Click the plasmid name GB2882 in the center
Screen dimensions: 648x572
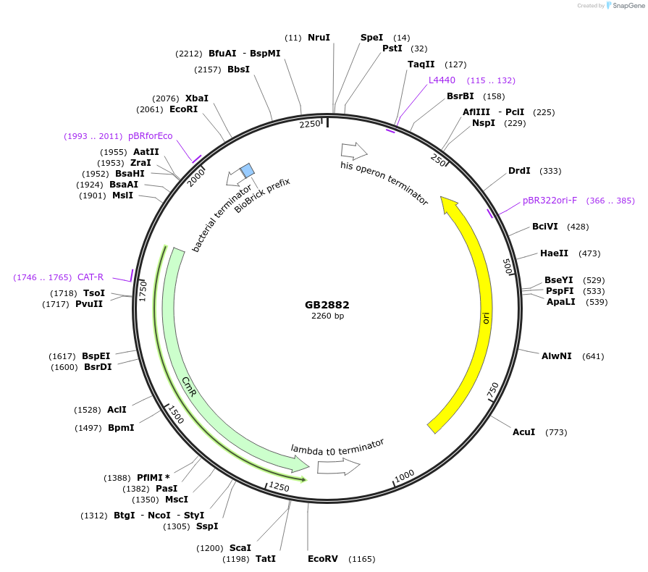coord(327,305)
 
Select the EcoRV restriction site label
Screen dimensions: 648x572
coord(323,559)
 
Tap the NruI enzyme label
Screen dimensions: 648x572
coord(319,38)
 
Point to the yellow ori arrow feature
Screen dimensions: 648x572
coord(478,304)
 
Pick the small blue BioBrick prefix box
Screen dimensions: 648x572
coord(247,170)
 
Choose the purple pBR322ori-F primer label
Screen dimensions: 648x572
coord(550,201)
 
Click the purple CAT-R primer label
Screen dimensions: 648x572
coord(91,277)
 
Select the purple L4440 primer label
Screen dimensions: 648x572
coord(442,80)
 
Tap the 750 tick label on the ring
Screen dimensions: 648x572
coord(492,390)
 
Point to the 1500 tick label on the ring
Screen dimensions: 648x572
coord(175,415)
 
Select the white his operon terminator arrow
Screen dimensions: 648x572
coord(354,151)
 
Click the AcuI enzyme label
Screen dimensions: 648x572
coord(523,432)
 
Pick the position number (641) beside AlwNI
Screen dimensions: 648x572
coord(592,356)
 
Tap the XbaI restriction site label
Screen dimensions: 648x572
coord(196,98)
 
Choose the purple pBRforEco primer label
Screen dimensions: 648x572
coord(151,136)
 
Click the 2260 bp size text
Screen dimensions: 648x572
coord(327,316)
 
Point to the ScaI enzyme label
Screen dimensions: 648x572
coord(240,548)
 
